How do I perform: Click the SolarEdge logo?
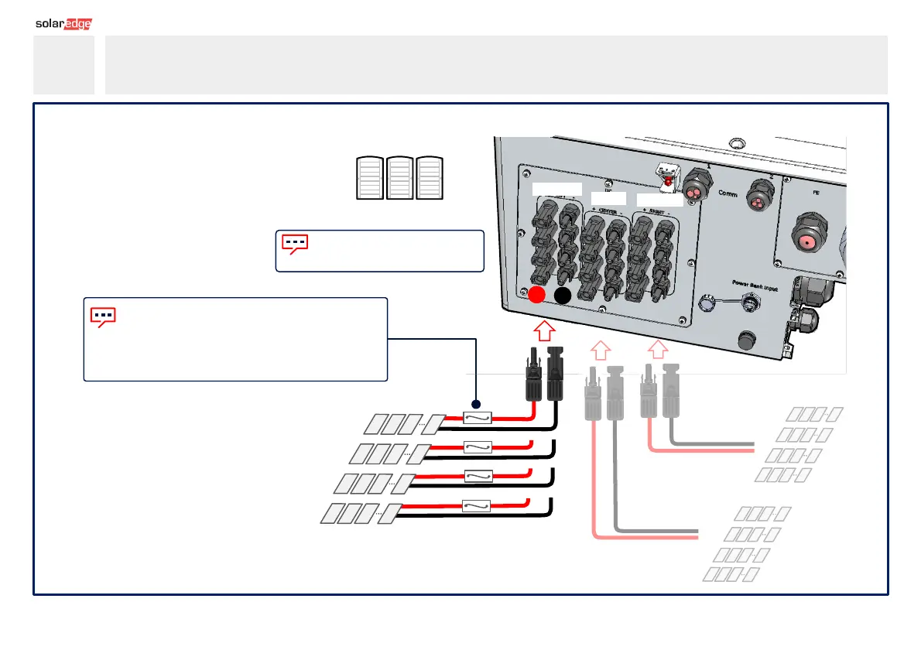[63, 24]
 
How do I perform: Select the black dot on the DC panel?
[563, 295]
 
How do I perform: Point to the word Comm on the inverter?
[728, 193]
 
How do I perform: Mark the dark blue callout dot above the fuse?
[477, 405]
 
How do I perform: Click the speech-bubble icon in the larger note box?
[103, 316]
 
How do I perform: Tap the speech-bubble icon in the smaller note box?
[295, 244]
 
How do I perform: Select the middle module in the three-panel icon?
[399, 178]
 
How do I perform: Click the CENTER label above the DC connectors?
[608, 200]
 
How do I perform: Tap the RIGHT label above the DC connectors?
[659, 201]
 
